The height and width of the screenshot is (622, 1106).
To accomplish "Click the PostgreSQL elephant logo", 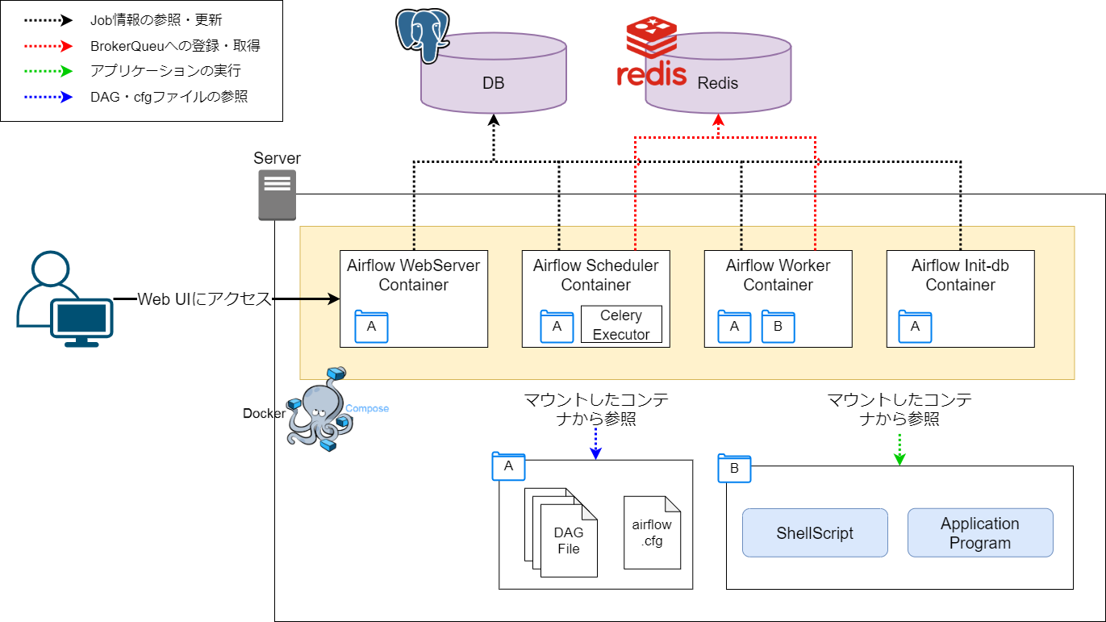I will (422, 35).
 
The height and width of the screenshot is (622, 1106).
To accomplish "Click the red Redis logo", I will (651, 52).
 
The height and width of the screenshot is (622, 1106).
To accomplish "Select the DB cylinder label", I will (493, 83).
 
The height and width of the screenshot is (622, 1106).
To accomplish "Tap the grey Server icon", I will (277, 194).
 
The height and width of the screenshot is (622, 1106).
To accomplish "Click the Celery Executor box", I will (620, 324).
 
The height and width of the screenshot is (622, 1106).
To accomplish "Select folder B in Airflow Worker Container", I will (778, 326).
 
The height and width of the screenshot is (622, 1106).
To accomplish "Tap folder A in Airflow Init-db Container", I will (915, 326).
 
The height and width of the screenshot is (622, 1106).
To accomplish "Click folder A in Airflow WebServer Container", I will (371, 326).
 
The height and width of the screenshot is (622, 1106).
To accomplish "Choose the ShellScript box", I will (815, 532).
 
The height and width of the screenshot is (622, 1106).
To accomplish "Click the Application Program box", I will (980, 532).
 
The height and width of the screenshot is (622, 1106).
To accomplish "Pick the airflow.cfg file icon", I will (652, 532).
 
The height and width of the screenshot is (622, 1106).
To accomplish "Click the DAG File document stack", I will (564, 532).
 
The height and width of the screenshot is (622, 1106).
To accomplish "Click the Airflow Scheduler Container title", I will (595, 275).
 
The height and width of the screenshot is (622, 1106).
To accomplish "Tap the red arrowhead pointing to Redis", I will (718, 121).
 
